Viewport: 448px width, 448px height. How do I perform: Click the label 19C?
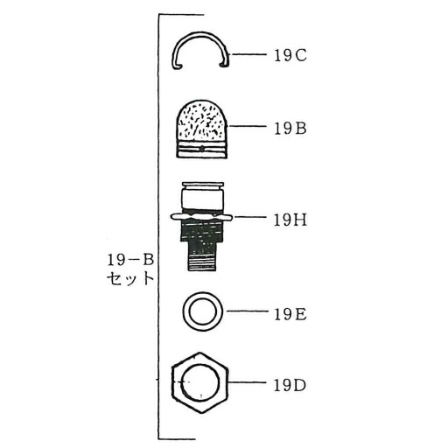[290, 55]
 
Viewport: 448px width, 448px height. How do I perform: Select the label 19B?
[290, 129]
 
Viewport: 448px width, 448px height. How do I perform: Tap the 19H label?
[290, 220]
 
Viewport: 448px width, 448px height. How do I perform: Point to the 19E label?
[290, 314]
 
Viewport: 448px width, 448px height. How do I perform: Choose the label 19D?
[290, 386]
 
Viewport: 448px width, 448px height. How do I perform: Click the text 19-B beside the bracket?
[130, 260]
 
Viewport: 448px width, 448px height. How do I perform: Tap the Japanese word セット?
[130, 278]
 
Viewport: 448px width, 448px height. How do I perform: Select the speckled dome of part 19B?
[201, 120]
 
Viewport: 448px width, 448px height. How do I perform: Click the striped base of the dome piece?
[201, 150]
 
